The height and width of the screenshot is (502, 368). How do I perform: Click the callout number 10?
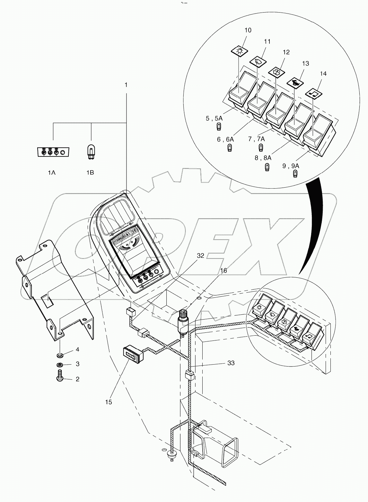[x=248, y=30]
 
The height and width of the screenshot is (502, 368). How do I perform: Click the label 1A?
[x=52, y=172]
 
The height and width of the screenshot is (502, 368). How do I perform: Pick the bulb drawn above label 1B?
[x=91, y=151]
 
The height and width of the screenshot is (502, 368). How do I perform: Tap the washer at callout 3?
[x=60, y=365]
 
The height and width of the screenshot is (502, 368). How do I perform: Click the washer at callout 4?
[x=60, y=355]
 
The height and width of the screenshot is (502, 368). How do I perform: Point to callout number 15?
[x=109, y=402]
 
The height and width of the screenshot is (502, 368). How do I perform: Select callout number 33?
[x=231, y=363]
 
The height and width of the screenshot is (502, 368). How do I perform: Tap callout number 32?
[x=200, y=256]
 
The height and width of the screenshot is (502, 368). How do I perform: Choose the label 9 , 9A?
[x=291, y=166]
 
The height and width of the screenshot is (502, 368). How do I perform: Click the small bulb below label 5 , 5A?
[x=219, y=127]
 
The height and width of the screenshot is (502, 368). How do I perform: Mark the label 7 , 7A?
[x=256, y=139]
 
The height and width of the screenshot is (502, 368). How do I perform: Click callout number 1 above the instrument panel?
[x=126, y=85]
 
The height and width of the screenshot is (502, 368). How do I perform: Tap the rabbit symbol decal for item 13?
[x=295, y=83]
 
